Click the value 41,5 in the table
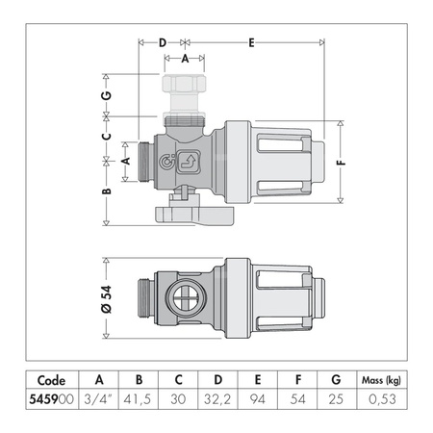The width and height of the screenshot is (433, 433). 140,396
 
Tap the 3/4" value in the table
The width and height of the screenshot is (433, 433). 97,396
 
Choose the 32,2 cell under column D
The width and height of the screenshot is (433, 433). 221,396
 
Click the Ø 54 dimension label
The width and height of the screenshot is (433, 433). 107,293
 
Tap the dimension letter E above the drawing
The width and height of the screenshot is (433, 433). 251,42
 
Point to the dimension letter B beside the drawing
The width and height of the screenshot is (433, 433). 108,191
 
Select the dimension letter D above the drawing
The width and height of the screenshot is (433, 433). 163,42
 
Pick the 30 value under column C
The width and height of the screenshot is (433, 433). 180,396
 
